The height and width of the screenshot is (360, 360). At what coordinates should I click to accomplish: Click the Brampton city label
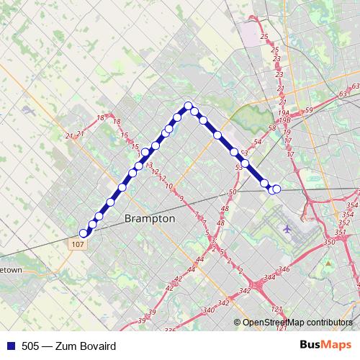[x=150, y=217]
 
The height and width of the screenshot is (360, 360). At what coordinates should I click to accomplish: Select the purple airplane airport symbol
[x=288, y=229]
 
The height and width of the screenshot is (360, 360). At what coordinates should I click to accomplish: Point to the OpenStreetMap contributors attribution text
[x=297, y=323]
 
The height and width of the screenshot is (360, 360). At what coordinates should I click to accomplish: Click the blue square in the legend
[x=8, y=346]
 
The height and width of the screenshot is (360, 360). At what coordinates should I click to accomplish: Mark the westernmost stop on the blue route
[x=84, y=233]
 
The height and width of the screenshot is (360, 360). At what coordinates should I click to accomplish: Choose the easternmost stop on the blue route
[x=276, y=189]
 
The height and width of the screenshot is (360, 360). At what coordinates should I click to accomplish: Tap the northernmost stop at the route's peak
[x=189, y=107]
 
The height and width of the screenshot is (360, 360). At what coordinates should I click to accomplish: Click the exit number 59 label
[x=309, y=109]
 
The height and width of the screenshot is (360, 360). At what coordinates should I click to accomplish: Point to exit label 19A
[x=284, y=113]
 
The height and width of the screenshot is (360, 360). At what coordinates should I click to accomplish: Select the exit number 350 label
[x=330, y=243]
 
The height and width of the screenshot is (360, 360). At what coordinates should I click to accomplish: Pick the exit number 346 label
[x=284, y=269]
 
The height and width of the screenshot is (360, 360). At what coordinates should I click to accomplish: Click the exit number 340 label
[x=207, y=310]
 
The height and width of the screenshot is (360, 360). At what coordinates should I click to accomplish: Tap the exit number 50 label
[x=232, y=192]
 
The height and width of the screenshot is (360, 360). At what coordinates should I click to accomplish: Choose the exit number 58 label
[x=272, y=127]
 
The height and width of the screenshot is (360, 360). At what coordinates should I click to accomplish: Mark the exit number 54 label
[x=258, y=143]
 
